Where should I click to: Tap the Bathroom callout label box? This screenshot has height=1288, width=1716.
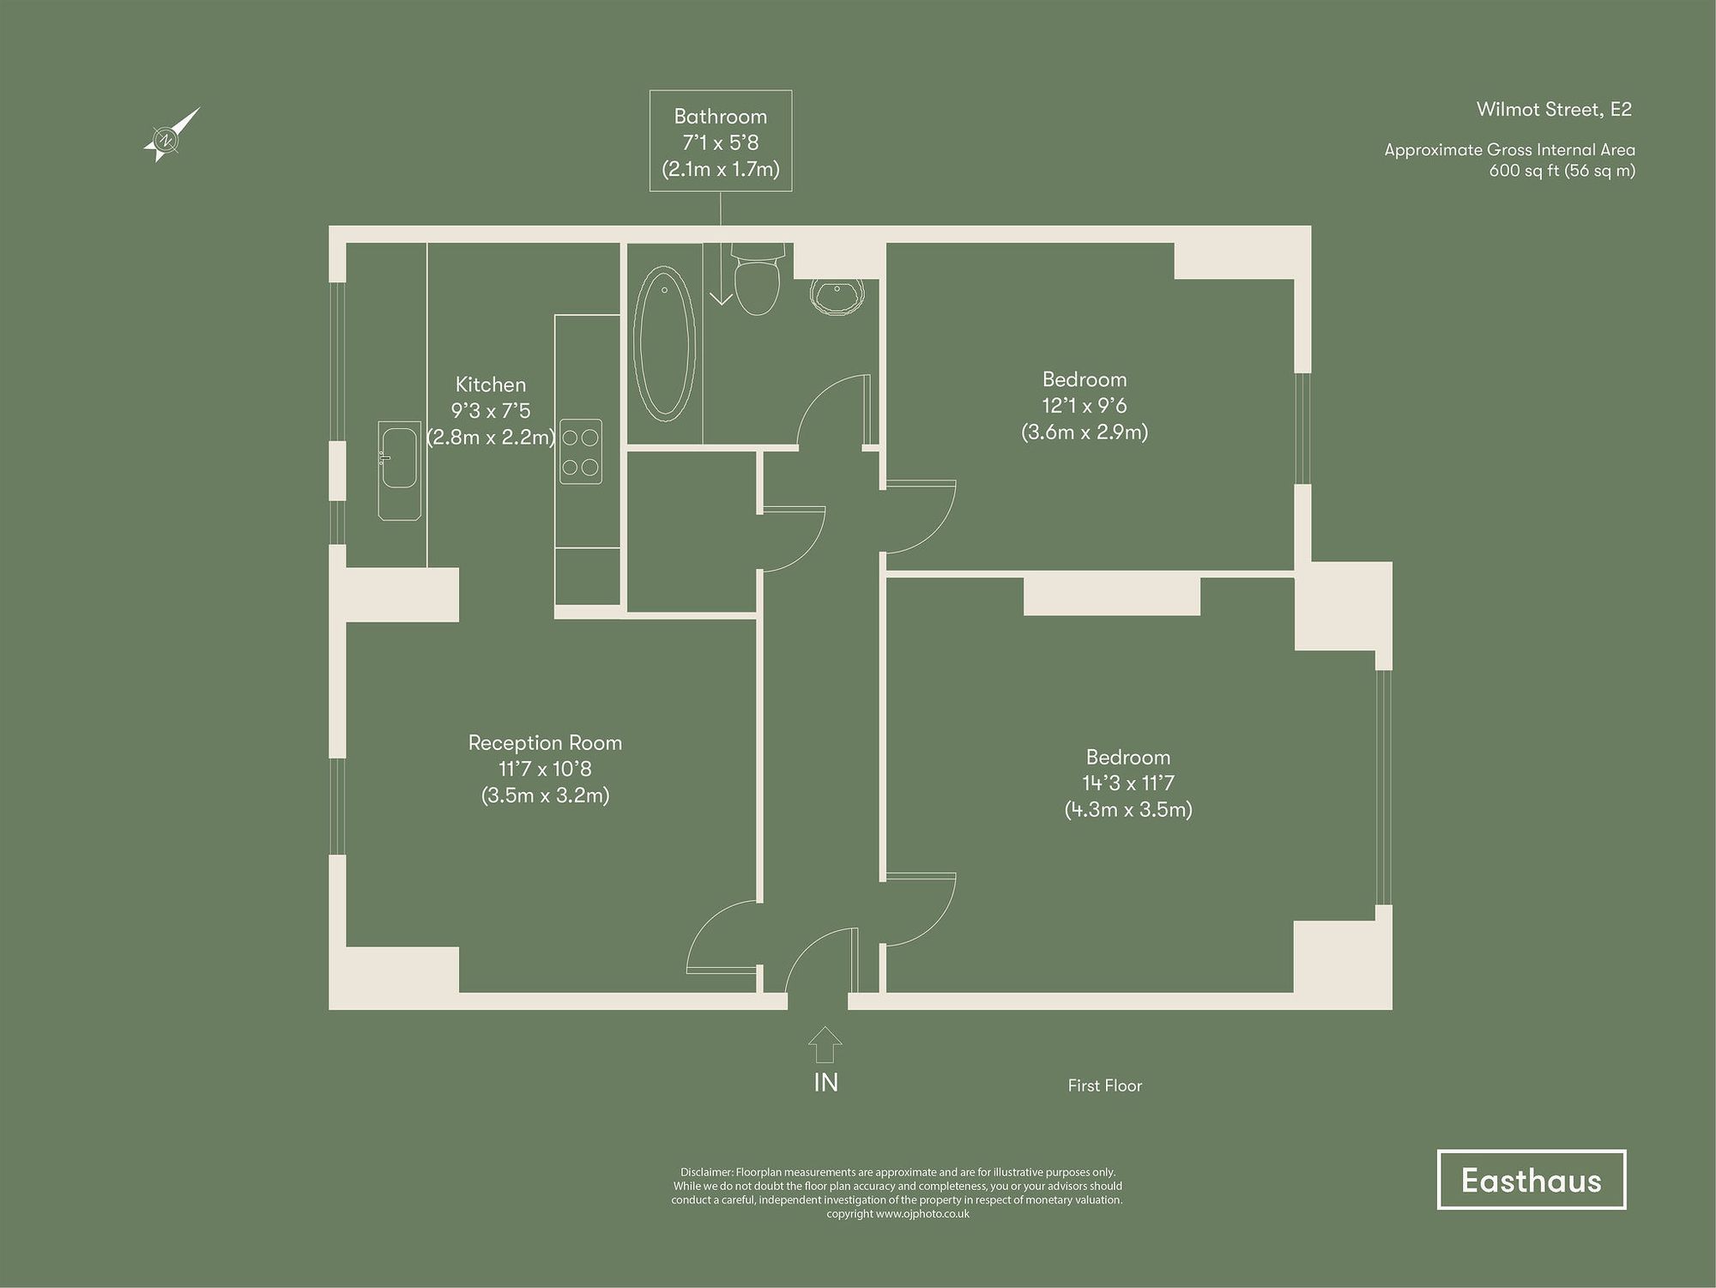pyautogui.click(x=720, y=142)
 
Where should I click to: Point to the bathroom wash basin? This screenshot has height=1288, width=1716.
pyautogui.click(x=837, y=295)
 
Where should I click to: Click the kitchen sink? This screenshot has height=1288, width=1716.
pyautogui.click(x=399, y=470)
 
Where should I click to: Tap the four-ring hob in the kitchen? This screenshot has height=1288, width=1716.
pyautogui.click(x=580, y=451)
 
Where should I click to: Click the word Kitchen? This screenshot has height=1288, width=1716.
pyautogui.click(x=490, y=384)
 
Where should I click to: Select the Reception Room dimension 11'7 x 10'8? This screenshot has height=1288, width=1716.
pyautogui.click(x=545, y=769)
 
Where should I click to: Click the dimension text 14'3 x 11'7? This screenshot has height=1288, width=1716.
pyautogui.click(x=1127, y=783)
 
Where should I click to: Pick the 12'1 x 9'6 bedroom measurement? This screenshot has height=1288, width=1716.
pyautogui.click(x=1084, y=405)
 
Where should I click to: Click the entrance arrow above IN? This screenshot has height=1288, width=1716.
pyautogui.click(x=825, y=1046)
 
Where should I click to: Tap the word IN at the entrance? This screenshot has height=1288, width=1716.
pyautogui.click(x=825, y=1083)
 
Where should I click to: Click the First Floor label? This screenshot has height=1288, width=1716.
pyautogui.click(x=1104, y=1085)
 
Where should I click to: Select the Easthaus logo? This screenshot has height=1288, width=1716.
pyautogui.click(x=1531, y=1180)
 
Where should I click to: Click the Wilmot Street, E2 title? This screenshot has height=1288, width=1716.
pyautogui.click(x=1553, y=109)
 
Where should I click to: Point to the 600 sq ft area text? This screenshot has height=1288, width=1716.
pyautogui.click(x=1562, y=170)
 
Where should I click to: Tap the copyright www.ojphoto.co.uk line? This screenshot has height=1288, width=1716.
pyautogui.click(x=897, y=1214)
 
